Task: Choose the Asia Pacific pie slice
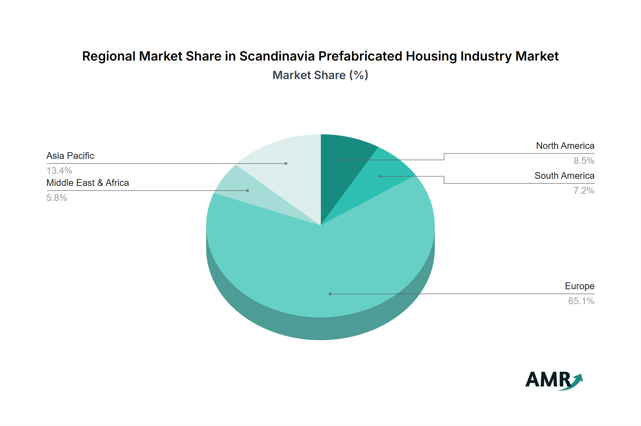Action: pos(285,164)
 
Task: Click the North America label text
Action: pos(565,146)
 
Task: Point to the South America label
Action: pos(564,176)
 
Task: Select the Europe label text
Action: pos(579,286)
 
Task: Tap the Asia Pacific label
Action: pos(70,156)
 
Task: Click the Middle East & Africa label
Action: pos(88,183)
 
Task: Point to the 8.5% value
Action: pos(584,161)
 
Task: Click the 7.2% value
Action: pos(584,191)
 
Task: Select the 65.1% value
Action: pos(581,301)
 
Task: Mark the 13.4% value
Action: pos(59,171)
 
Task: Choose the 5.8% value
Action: pos(57,198)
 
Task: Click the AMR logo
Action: pos(554,380)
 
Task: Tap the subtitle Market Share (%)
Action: pos(320,75)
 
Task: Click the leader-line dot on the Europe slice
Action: pos(330,294)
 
